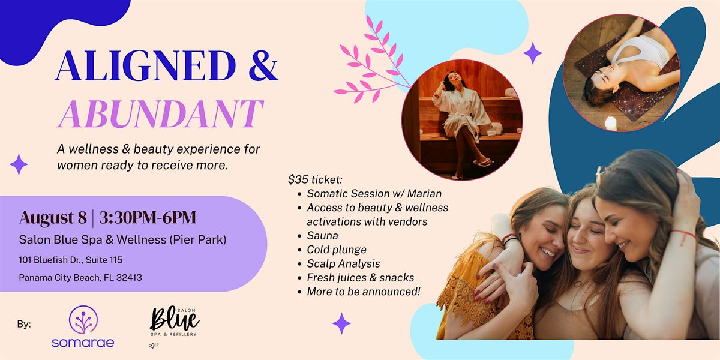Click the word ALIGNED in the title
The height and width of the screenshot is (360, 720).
click(x=146, y=65)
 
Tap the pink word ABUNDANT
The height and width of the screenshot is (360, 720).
click(x=161, y=113)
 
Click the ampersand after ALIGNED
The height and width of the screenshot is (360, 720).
click(x=263, y=65)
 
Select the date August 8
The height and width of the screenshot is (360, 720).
click(x=53, y=218)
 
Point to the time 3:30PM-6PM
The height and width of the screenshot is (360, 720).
click(x=148, y=218)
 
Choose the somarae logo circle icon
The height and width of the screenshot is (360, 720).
click(x=83, y=320)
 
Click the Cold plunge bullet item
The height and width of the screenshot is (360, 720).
click(x=337, y=250)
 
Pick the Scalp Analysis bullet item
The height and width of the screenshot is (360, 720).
click(x=343, y=263)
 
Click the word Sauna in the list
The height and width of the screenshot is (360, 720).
click(x=322, y=236)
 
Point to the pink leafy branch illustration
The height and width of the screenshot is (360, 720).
click(x=371, y=59)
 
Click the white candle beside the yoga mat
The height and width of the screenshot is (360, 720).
click(x=610, y=124)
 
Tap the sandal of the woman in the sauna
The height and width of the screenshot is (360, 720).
click(x=482, y=162)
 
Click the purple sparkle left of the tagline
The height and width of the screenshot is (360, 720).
click(x=19, y=164)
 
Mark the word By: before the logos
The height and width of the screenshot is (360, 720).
click(x=24, y=324)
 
